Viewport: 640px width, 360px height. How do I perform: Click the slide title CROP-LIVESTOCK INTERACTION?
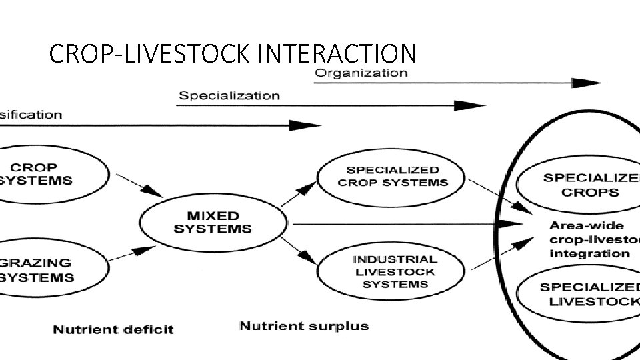(233, 53)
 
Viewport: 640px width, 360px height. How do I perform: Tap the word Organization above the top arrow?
(361, 73)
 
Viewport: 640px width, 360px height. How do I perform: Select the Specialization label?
(229, 95)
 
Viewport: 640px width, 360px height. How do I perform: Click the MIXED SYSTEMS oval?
(213, 222)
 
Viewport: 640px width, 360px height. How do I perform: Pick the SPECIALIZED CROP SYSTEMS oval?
(393, 177)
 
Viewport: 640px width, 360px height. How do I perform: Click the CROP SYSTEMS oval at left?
(47, 174)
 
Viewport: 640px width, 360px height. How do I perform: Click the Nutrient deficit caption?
(113, 329)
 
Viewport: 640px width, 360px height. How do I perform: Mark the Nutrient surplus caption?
(304, 326)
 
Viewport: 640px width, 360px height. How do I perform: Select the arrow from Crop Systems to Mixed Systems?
(139, 186)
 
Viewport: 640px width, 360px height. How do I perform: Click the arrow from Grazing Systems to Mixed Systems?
(135, 254)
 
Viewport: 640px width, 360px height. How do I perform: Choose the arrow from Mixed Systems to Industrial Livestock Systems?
(297, 251)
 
